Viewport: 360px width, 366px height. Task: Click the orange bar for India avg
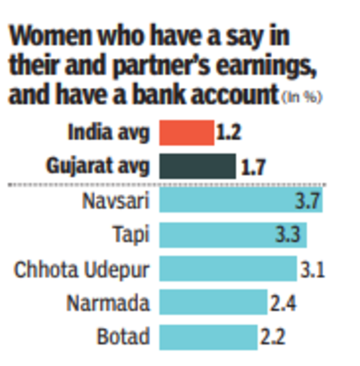[186, 133]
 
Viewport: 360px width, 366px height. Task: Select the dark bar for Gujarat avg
[197, 166]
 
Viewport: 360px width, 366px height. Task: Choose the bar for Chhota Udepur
[227, 268]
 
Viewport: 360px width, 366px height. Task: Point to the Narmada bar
[212, 302]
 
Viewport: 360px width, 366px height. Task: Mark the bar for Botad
[208, 336]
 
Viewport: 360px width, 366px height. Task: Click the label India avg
[109, 133]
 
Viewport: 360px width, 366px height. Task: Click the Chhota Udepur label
[82, 269]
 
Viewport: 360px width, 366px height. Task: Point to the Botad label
[124, 337]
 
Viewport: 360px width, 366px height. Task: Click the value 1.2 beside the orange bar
[228, 133]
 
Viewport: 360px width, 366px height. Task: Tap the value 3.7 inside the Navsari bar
[308, 200]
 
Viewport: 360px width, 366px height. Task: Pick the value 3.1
[311, 269]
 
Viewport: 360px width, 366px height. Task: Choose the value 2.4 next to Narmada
[282, 302]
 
